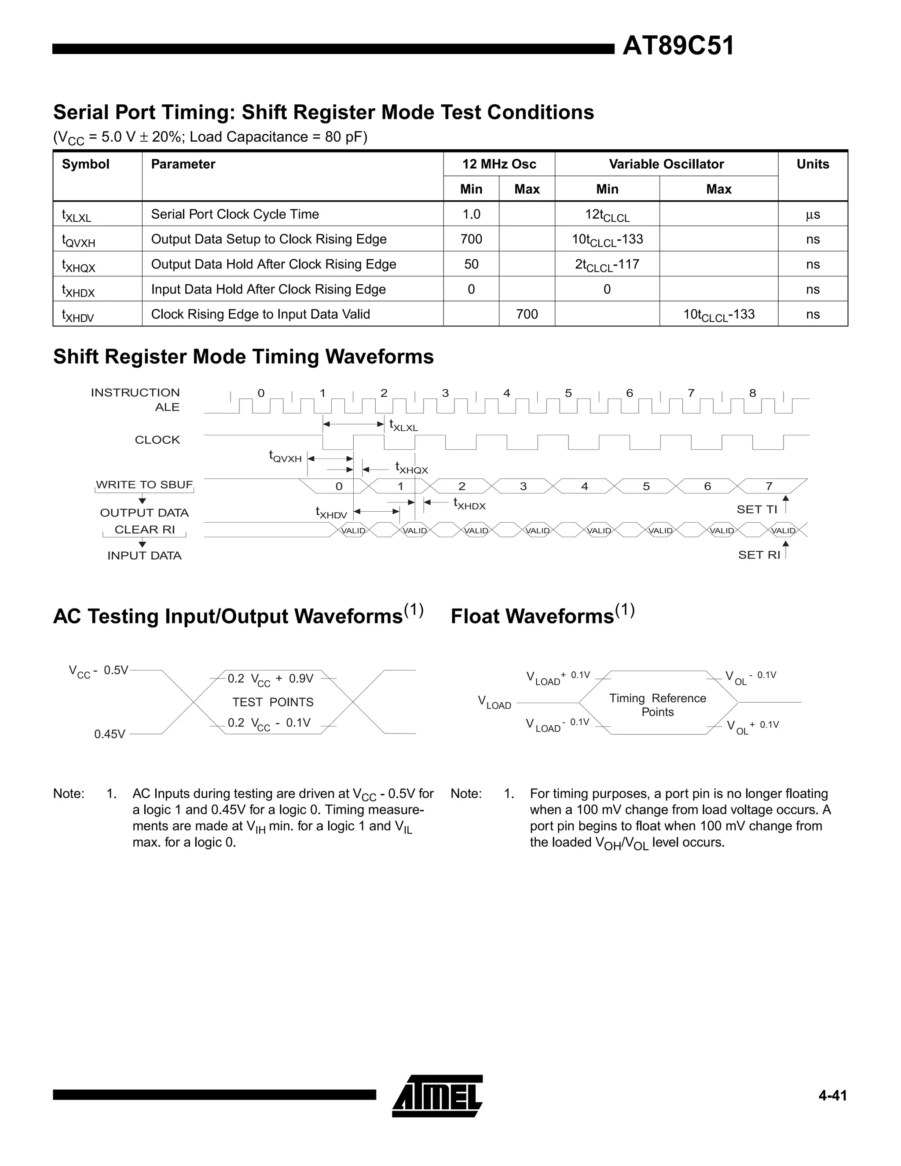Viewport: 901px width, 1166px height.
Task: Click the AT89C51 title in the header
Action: click(678, 46)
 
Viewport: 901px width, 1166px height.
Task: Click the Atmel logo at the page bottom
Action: click(437, 1096)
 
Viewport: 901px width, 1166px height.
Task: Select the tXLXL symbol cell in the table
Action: click(76, 215)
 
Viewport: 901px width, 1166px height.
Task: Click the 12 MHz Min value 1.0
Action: click(471, 214)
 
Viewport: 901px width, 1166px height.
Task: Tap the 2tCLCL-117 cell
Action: click(607, 264)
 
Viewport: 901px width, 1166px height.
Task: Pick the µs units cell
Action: click(813, 215)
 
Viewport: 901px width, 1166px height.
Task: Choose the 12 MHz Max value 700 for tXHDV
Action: click(527, 314)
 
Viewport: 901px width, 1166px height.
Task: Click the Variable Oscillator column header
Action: click(666, 164)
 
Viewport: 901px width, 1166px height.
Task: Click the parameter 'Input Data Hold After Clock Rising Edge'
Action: click(268, 290)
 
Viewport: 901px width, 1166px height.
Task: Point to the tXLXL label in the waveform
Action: click(403, 425)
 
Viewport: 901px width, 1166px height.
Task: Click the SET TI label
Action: click(756, 510)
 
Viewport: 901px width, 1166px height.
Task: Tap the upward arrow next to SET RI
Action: click(786, 550)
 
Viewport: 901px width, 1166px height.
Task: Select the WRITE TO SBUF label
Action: click(144, 485)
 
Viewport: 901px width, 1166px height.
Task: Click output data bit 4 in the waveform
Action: click(585, 486)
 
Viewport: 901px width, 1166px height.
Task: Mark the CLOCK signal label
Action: click(157, 440)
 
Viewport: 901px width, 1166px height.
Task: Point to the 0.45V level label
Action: click(110, 734)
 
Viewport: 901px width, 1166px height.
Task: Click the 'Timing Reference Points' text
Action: click(658, 705)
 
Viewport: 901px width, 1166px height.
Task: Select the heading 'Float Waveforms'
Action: click(531, 616)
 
